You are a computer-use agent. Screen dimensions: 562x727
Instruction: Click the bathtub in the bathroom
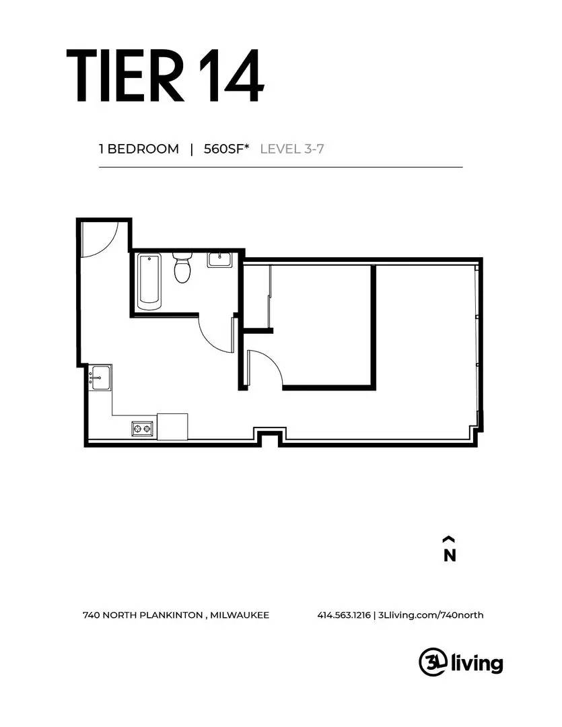[149, 281]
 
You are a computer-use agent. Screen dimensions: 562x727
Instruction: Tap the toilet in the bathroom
[182, 267]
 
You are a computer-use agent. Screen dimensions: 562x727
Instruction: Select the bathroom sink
[219, 260]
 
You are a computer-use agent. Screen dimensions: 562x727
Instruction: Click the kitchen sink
[101, 378]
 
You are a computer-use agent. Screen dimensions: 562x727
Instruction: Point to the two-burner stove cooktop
[142, 428]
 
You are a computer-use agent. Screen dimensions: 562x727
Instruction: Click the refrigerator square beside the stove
[172, 427]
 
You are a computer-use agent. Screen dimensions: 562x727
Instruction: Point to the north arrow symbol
[448, 539]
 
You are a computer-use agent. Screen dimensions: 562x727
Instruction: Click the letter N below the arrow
[450, 555]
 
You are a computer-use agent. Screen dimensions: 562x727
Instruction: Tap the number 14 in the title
[232, 75]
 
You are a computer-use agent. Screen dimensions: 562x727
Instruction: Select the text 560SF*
[227, 149]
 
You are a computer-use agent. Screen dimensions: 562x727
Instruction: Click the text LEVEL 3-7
[292, 149]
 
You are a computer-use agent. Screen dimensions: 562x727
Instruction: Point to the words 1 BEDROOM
[139, 149]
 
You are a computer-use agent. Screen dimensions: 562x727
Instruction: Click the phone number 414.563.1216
[344, 615]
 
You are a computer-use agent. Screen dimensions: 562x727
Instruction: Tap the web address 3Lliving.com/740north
[431, 615]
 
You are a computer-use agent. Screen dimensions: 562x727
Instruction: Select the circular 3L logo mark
[433, 662]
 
